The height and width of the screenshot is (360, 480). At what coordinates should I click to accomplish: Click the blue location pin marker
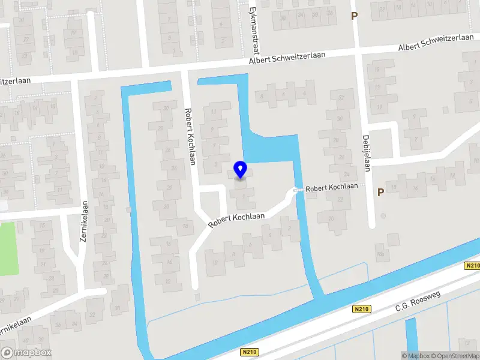pyautogui.click(x=241, y=170)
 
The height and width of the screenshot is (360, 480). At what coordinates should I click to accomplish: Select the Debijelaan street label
pyautogui.click(x=366, y=153)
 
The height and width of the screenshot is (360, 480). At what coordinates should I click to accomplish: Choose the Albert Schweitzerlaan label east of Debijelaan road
pyautogui.click(x=436, y=42)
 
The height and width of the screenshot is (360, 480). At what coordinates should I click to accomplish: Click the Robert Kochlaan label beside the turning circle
pyautogui.click(x=331, y=187)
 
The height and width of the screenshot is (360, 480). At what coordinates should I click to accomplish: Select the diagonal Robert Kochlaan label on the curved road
pyautogui.click(x=237, y=219)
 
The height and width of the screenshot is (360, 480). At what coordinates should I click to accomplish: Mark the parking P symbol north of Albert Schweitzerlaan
pyautogui.click(x=354, y=16)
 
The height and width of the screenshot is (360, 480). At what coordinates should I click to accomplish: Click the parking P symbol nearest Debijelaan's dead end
pyautogui.click(x=380, y=192)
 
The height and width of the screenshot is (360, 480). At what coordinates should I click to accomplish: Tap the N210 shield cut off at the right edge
pyautogui.click(x=472, y=266)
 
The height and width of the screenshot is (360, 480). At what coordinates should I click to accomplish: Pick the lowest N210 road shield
pyautogui.click(x=250, y=352)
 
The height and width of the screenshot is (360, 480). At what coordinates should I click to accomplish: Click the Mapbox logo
pyautogui.click(x=26, y=352)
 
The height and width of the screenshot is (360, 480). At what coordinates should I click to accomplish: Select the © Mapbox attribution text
pyautogui.click(x=416, y=356)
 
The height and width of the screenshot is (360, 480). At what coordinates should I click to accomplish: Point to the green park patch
pyautogui.click(x=9, y=248)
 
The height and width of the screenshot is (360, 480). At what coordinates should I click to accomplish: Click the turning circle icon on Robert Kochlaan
pyautogui.click(x=296, y=191)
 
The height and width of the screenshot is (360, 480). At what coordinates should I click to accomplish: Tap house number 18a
pyautogui.click(x=380, y=254)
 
